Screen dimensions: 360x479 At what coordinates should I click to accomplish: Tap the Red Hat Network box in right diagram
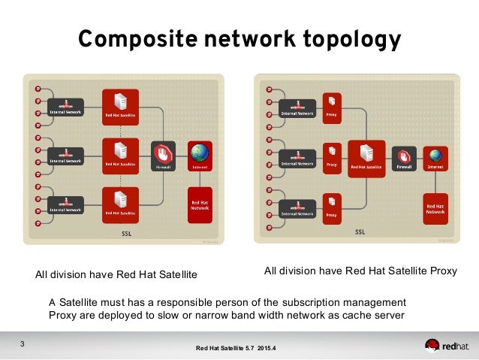coord(435,210)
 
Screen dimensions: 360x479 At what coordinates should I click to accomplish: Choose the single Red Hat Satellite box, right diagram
coord(366,159)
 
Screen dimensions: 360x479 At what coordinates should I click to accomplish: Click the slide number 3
coord(23,345)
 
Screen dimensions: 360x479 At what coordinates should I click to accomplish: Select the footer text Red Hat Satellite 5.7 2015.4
coord(236,348)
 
